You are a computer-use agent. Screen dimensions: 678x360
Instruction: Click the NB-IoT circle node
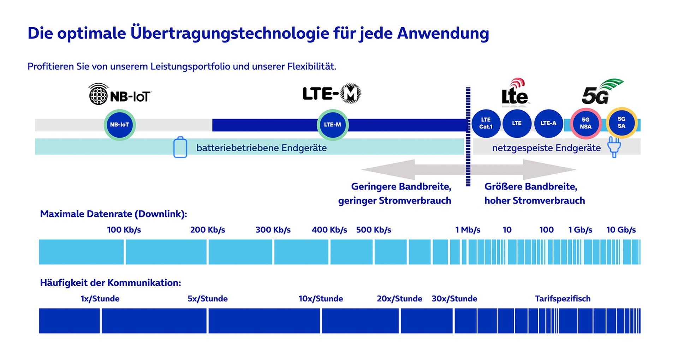click(x=120, y=125)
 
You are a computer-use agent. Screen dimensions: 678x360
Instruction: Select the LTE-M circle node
click(x=333, y=125)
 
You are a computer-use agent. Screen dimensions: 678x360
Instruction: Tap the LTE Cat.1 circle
click(x=486, y=123)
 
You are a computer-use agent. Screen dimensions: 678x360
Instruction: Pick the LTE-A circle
click(x=548, y=123)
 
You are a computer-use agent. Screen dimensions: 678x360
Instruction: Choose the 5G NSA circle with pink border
click(x=586, y=123)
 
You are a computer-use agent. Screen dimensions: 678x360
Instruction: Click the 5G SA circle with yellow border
click(x=621, y=123)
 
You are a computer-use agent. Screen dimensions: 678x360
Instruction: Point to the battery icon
click(x=180, y=147)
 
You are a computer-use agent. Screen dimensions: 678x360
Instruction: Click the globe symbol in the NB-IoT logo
click(x=98, y=94)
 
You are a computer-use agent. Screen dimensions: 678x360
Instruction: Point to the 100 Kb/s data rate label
click(x=124, y=230)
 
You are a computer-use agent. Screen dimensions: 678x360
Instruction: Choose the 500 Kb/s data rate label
click(x=374, y=230)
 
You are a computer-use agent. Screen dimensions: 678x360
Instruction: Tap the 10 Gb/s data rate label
click(x=621, y=230)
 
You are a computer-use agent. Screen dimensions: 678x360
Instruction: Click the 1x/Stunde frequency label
click(x=100, y=299)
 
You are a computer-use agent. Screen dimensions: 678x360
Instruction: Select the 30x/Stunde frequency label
click(x=454, y=299)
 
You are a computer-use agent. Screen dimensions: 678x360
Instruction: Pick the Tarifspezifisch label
click(x=563, y=299)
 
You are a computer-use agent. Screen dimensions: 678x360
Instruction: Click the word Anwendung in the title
click(x=443, y=33)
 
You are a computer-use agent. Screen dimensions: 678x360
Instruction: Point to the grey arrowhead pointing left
click(x=388, y=169)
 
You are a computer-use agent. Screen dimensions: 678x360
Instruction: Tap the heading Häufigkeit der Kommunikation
click(x=111, y=283)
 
